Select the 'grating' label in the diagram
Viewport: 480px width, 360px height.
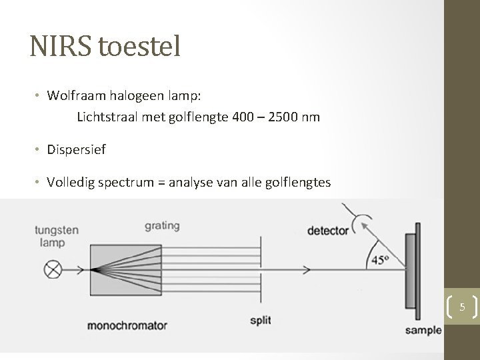[161, 226]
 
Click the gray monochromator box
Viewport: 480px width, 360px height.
[126, 269]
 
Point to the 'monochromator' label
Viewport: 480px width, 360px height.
[127, 326]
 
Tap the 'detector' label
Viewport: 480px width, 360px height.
[327, 231]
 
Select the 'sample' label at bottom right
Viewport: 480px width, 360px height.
[425, 330]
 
